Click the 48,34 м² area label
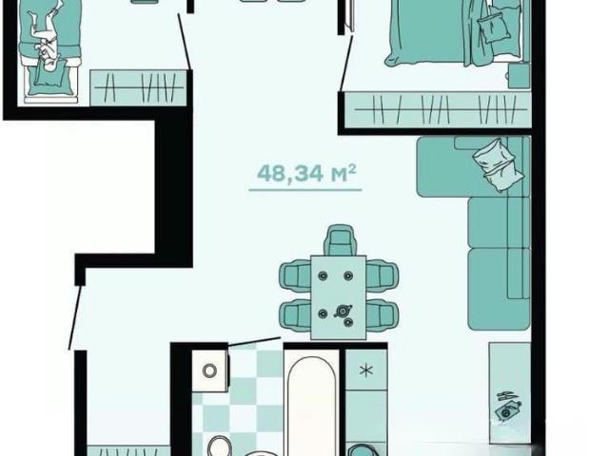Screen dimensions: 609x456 point(306,173)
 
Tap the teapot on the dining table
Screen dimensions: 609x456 point(343,311)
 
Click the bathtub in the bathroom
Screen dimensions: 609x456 point(311,406)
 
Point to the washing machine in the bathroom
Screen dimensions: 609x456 point(209,370)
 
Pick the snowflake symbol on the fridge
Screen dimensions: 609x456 point(365,370)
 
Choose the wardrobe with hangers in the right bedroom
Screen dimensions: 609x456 point(438,109)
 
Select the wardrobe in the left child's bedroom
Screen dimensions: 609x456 point(139,88)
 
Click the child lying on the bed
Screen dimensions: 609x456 point(44,36)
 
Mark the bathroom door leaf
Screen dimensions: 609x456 point(254,341)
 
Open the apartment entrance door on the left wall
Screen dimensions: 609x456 point(76,317)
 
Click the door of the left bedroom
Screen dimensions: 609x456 point(184,42)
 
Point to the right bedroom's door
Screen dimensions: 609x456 point(346,64)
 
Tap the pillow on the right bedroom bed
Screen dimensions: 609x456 point(493,27)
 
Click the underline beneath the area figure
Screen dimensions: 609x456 point(305,190)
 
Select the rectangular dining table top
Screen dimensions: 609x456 point(339,297)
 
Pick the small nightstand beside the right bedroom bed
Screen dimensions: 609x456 point(520,76)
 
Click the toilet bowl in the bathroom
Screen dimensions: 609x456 point(220,446)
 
